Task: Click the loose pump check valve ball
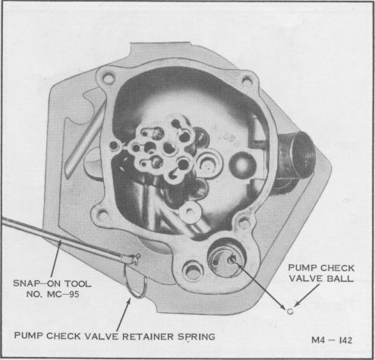click(290, 311)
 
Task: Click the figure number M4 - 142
click(332, 340)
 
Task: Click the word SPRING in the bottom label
click(197, 336)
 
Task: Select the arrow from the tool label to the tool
click(55, 258)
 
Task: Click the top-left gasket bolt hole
click(109, 79)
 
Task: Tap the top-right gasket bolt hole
click(247, 81)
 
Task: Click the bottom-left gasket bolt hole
click(102, 215)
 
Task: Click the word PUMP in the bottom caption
click(29, 336)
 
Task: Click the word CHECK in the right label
click(339, 268)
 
